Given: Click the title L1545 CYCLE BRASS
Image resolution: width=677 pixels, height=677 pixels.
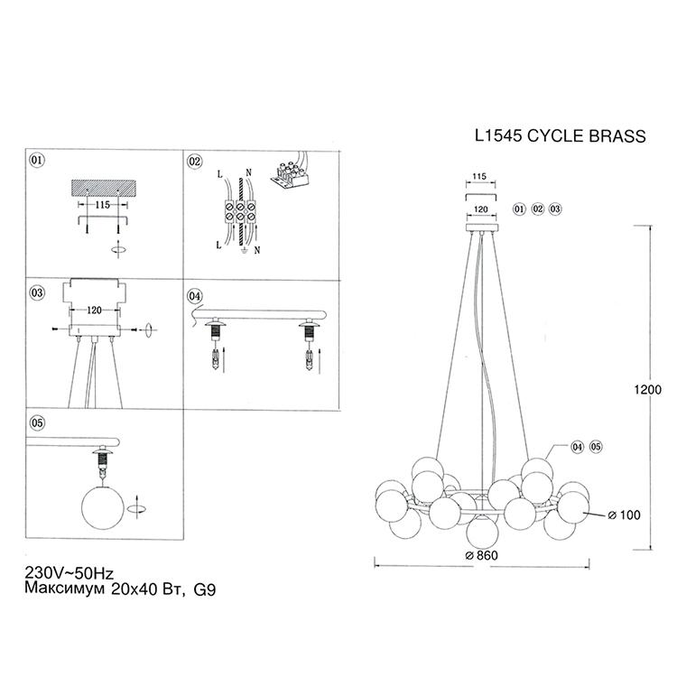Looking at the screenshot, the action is click(x=560, y=136).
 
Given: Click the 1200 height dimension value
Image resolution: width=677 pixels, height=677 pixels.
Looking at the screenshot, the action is click(x=647, y=389).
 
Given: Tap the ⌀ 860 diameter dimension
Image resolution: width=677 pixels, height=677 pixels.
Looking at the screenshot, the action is click(x=482, y=555).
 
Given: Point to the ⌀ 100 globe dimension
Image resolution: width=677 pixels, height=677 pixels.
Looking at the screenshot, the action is click(x=624, y=515).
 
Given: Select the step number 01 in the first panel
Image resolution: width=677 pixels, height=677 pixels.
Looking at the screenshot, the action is click(x=37, y=160).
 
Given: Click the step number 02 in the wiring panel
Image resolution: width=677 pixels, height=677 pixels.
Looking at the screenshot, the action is click(x=194, y=162).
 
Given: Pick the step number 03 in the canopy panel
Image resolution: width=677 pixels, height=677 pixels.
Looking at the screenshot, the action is click(x=37, y=292).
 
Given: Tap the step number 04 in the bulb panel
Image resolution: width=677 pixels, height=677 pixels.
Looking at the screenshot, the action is click(x=194, y=296).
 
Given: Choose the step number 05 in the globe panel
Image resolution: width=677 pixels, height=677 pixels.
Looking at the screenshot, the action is click(x=37, y=422).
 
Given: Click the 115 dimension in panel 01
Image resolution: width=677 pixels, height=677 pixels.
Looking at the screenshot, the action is click(x=103, y=204).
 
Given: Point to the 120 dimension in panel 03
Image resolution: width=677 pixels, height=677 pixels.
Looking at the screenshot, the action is click(x=94, y=310).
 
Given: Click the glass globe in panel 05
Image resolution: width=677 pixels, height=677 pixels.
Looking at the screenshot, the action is click(x=103, y=507).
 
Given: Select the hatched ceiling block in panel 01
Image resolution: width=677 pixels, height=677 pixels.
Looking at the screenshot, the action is click(x=104, y=188).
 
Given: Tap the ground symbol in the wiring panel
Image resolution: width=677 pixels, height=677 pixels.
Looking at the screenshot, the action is click(x=245, y=250).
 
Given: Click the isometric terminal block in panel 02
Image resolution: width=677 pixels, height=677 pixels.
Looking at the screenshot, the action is click(x=290, y=174).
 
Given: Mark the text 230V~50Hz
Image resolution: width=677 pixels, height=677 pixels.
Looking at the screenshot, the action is click(x=70, y=573).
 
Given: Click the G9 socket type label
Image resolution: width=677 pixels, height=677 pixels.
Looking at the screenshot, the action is click(x=205, y=589).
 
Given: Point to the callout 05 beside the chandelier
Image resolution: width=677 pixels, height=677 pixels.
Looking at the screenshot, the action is click(x=596, y=447).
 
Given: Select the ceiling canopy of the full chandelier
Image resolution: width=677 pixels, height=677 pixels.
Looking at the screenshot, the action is click(x=482, y=228).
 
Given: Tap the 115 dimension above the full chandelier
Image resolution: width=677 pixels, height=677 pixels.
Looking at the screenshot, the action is click(x=479, y=176).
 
